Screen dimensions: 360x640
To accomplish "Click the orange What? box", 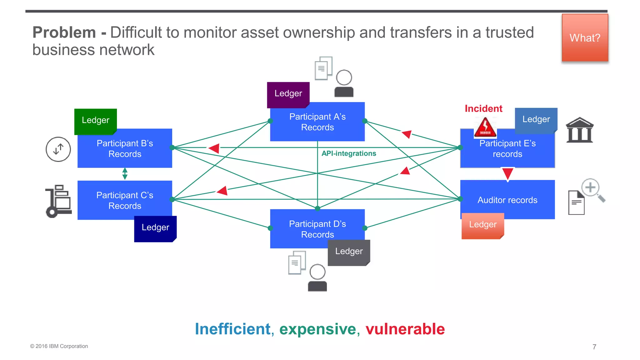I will click(x=585, y=38).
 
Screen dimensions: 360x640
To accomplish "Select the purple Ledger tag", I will click(x=288, y=94).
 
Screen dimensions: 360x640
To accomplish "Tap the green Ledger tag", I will click(x=95, y=121).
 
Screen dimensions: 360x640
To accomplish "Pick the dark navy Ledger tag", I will click(x=155, y=228).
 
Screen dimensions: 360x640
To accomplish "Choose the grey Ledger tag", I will click(x=349, y=252).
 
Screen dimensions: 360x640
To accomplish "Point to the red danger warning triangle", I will click(x=485, y=127).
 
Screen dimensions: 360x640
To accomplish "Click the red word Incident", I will click(x=483, y=108).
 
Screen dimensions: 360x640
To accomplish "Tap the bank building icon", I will click(x=579, y=130).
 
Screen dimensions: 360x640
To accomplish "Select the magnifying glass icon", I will click(x=592, y=190).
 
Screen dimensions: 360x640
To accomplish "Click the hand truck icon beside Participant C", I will click(x=58, y=201).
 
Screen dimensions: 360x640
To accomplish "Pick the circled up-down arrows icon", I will click(x=58, y=149).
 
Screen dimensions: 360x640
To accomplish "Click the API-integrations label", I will click(x=349, y=153).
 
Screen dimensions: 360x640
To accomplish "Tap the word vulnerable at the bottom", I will click(x=405, y=329).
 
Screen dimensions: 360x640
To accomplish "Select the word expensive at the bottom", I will click(x=317, y=329).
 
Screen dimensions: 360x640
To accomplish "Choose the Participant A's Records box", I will click(x=317, y=122).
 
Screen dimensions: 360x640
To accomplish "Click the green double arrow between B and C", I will click(x=125, y=174).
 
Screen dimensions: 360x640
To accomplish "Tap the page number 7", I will click(x=594, y=347).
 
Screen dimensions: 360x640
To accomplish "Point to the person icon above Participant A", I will click(x=344, y=83).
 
